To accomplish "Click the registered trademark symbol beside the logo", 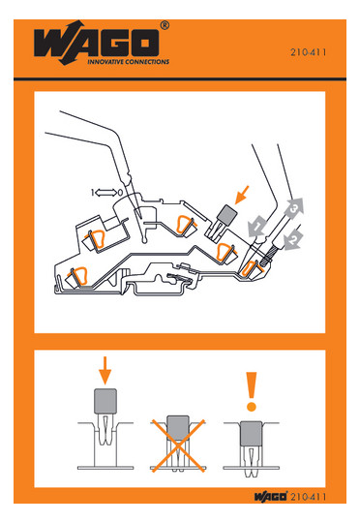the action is click(x=165, y=25).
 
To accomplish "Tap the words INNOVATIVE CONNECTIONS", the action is click(x=129, y=62).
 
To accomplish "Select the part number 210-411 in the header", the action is click(x=308, y=52).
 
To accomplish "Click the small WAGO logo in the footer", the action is click(x=271, y=496).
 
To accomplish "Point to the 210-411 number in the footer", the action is click(x=308, y=497).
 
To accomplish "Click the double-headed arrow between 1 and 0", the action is click(x=106, y=193).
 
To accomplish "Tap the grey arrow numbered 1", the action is click(x=257, y=227).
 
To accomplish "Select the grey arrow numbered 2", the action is click(x=292, y=240).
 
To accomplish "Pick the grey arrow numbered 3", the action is click(x=293, y=208).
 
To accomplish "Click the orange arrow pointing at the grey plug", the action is click(x=242, y=195).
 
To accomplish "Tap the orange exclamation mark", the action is click(x=252, y=391).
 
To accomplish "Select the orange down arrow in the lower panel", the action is click(x=105, y=371).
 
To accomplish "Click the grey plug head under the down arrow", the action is click(x=105, y=401).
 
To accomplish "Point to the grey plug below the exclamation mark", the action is click(x=251, y=433).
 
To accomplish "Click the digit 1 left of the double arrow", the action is click(x=92, y=193).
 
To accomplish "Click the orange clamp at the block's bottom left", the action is click(x=79, y=275).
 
